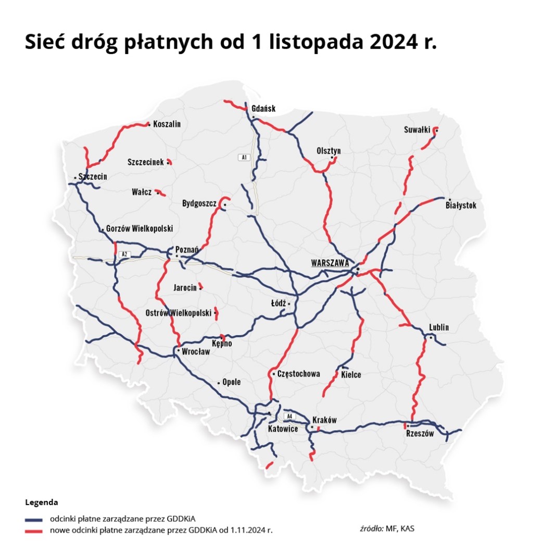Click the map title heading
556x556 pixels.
tap(231, 43)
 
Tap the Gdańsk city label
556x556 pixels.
tap(263, 109)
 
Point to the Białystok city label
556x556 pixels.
tap(461, 206)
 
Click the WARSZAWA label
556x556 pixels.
tap(330, 263)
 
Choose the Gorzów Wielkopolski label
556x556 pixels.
tap(140, 229)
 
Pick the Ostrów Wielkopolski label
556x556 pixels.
tap(179, 313)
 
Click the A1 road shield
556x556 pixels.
tap(244, 157)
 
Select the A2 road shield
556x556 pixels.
tap(124, 254)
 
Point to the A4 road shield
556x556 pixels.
tap(289, 416)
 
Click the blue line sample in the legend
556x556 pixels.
tap(33, 520)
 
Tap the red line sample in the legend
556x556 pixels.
tap(33, 530)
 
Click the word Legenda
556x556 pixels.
tap(41, 503)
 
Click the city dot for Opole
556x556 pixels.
tap(219, 383)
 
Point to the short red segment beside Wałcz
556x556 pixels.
tap(161, 193)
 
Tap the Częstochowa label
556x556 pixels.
tap(298, 374)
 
